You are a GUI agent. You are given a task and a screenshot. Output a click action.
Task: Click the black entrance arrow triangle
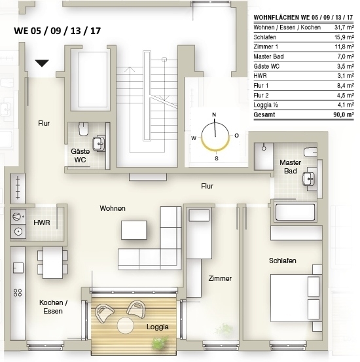pyautogui.click(x=42, y=63)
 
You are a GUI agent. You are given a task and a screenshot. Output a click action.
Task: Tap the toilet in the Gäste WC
pyautogui.click(x=83, y=129)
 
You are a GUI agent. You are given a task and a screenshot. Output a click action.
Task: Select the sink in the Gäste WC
pyautogui.click(x=99, y=143)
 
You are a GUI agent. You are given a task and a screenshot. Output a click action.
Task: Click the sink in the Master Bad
pyautogui.click(x=309, y=179)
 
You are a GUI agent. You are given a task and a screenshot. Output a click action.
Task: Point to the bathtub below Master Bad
pyautogui.click(x=295, y=212)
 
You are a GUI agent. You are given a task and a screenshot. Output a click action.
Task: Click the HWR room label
pyautogui.click(x=42, y=223)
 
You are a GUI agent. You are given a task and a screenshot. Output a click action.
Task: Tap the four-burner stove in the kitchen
pyautogui.click(x=18, y=293)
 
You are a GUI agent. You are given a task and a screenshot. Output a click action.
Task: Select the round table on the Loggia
pyautogui.click(x=126, y=325)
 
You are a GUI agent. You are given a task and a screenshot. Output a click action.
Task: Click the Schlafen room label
pyautogui.click(x=283, y=261)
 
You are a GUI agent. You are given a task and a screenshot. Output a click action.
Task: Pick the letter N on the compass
pyautogui.click(x=214, y=115)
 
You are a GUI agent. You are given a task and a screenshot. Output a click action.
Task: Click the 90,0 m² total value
pyautogui.click(x=344, y=115)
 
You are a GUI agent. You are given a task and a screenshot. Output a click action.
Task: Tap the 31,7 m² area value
pyautogui.click(x=344, y=27)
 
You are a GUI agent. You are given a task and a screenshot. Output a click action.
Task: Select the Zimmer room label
pyautogui.click(x=220, y=278)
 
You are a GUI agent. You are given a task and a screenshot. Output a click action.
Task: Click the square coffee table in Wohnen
pyautogui.click(x=134, y=230)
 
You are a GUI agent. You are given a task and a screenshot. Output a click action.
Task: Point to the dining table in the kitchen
pyautogui.click(x=52, y=262)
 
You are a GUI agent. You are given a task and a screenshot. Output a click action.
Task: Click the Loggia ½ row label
pyautogui.click(x=266, y=105)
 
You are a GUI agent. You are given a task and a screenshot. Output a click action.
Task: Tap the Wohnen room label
pyautogui.click(x=113, y=208)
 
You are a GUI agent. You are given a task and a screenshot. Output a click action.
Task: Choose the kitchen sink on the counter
pyautogui.click(x=18, y=268)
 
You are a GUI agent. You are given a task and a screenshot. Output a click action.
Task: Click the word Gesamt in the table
pyautogui.click(x=264, y=115)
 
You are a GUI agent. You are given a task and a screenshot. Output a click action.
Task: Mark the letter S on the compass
pyautogui.click(x=217, y=158)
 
